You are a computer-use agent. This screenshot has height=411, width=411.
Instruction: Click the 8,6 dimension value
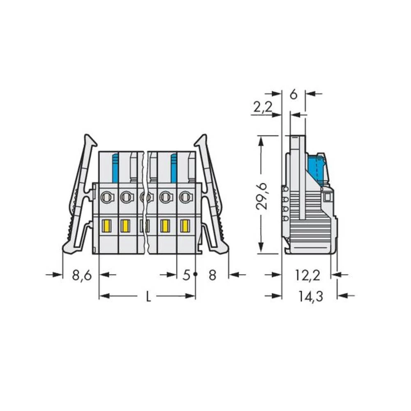[82, 275]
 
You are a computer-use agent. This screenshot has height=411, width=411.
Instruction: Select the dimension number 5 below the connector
[186, 275]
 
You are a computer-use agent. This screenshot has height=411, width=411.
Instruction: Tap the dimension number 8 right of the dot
[212, 275]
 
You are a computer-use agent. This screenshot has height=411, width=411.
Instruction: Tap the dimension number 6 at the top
[293, 95]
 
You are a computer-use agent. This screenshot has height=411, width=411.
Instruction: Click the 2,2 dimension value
[263, 107]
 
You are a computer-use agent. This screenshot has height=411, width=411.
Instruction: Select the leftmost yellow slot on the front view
[106, 226]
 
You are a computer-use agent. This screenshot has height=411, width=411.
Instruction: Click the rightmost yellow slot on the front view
[185, 226]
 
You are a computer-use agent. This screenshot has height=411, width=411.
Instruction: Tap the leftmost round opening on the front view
[106, 197]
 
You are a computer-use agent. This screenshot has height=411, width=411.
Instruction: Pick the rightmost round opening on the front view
[185, 197]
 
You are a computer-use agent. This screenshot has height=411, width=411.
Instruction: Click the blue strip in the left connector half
[115, 168]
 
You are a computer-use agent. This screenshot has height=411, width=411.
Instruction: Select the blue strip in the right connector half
[174, 168]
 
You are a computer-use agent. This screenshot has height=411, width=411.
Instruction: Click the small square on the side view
[327, 197]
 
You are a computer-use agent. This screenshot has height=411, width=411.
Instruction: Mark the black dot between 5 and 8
[196, 274]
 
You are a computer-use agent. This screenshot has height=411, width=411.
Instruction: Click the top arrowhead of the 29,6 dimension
[261, 140]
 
